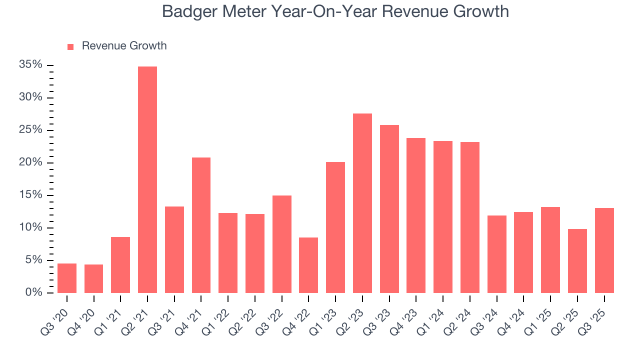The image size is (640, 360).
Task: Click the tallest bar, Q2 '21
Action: click(147, 179)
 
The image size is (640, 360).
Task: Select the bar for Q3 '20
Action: click(67, 278)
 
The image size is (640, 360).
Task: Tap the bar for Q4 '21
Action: click(201, 225)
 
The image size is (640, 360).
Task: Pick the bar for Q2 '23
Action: click(362, 203)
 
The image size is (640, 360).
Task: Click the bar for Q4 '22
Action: click(308, 265)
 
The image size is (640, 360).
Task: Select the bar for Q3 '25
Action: click(604, 250)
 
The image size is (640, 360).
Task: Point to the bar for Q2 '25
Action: click(577, 260)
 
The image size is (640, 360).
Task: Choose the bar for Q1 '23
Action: click(335, 227)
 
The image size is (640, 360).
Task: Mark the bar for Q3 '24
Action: click(496, 254)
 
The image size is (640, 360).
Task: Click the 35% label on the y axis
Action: click(31, 65)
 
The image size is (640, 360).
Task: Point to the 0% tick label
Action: click(34, 292)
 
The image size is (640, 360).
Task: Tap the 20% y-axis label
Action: click(31, 162)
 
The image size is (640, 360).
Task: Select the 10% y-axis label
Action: click(31, 227)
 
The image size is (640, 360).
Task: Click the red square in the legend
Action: click(70, 46)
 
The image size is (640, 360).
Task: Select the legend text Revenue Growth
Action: click(124, 46)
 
